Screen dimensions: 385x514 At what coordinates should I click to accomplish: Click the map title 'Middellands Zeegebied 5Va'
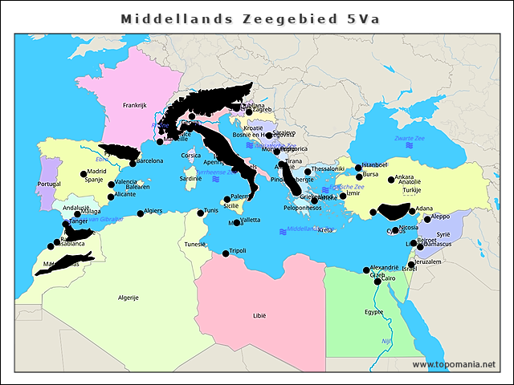250,18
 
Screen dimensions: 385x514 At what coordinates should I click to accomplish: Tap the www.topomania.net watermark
454,365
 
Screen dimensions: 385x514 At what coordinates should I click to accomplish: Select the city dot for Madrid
84,173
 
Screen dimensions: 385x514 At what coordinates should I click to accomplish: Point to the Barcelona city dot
133,163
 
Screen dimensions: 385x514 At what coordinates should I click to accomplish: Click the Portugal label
48,184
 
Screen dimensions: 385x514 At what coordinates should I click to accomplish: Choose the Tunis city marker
201,213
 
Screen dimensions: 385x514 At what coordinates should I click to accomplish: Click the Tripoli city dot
226,253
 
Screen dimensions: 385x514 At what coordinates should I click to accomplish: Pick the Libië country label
259,315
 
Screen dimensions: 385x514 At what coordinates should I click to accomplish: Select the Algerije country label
129,297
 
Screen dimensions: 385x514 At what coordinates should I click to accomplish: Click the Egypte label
374,312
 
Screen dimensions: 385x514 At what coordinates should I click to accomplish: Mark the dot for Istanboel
359,167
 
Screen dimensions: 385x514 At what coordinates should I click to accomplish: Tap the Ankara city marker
391,180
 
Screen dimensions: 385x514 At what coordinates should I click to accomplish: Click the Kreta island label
324,230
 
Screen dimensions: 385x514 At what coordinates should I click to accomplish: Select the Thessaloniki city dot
308,172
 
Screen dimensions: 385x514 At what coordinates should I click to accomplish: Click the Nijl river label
385,341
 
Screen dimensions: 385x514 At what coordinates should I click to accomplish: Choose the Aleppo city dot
427,219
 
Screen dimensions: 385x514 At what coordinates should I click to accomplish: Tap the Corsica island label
190,156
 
